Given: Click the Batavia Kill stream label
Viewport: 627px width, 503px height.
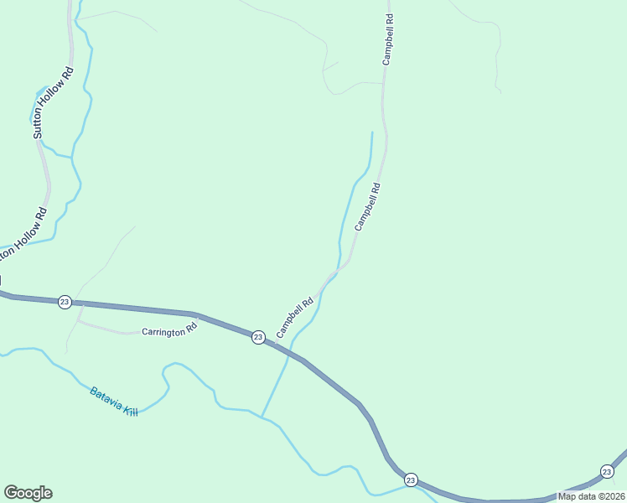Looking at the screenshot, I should [113, 402].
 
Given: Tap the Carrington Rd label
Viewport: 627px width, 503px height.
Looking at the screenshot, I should [168, 331].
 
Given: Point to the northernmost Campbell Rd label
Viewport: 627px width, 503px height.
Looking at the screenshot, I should [388, 39].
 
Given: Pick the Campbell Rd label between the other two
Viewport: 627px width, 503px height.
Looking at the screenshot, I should [368, 207].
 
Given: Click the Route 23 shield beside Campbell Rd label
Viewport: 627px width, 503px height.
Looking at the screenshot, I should [258, 336].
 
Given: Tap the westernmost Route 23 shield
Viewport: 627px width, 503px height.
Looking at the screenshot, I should [65, 302].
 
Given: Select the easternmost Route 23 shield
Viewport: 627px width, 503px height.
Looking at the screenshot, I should [606, 471].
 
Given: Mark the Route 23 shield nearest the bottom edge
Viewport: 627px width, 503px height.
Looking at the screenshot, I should [410, 480].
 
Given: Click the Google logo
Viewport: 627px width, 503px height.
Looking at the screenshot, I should [28, 493].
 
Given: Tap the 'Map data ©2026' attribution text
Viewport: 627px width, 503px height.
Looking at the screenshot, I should [590, 495].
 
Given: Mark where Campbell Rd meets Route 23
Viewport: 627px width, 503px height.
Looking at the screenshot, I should [275, 344].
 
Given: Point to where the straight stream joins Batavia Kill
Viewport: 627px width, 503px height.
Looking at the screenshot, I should [262, 417].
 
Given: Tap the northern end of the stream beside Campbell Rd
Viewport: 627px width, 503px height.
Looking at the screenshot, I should [371, 132].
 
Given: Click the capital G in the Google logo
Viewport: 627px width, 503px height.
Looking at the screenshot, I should [11, 493].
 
